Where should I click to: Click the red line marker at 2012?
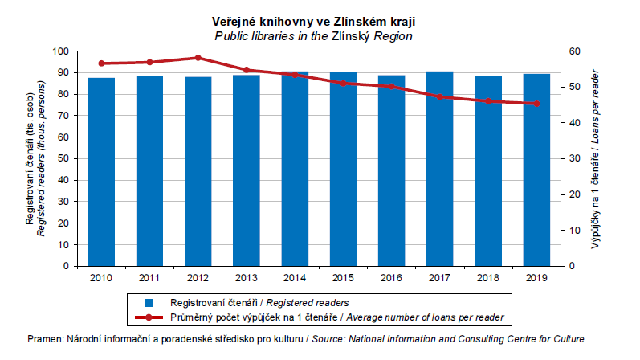tap(198, 58)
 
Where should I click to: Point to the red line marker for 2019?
tap(536, 104)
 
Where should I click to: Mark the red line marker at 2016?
tap(391, 86)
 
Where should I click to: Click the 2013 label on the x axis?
tap(246, 276)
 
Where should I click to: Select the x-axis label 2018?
tap(488, 276)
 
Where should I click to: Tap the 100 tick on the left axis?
tap(62, 51)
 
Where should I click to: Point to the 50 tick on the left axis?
tap(64, 158)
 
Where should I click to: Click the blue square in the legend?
tap(147, 303)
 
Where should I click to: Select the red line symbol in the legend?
tap(147, 317)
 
